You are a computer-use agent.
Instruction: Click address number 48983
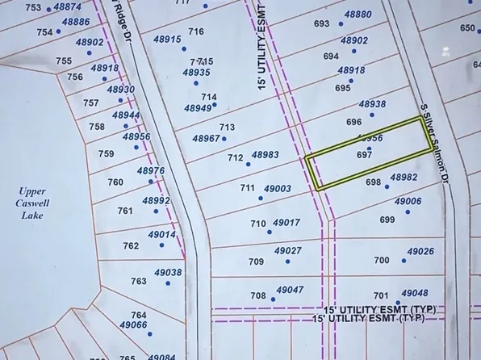point(265,154)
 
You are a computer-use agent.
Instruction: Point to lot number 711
point(247,187)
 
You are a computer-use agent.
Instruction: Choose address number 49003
point(277,188)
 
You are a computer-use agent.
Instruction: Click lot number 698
point(372,182)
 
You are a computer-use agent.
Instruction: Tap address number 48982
point(404,177)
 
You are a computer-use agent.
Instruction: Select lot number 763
point(139,281)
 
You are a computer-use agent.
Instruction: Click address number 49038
point(167,273)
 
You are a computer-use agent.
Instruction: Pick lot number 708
point(257,295)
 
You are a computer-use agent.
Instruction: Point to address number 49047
point(290,289)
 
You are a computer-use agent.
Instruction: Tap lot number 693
point(322,24)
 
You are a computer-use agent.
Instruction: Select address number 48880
point(358,15)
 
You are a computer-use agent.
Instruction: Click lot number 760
point(115,182)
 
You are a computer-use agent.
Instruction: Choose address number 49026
point(420,252)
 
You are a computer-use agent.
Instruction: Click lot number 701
point(381,295)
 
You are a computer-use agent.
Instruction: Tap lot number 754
point(44,32)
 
